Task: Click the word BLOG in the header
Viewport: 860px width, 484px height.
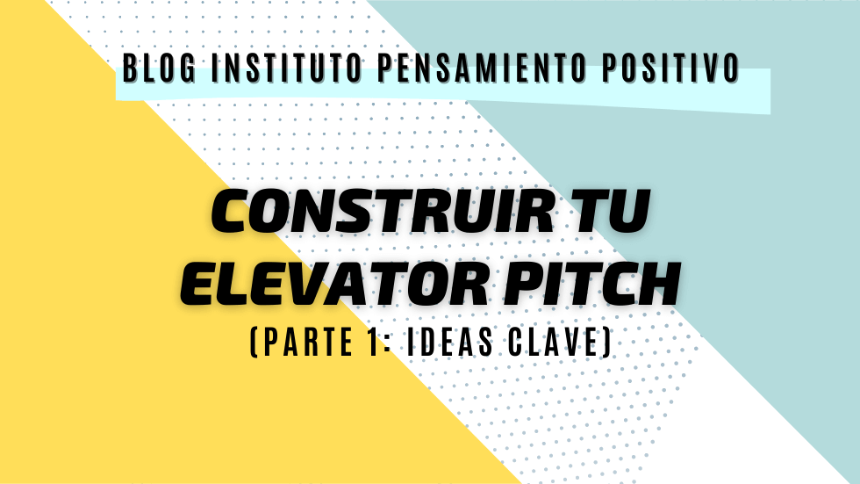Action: point(159,68)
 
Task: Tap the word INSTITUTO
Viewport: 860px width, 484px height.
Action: point(287,68)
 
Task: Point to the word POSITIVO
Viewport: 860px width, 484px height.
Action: point(670,68)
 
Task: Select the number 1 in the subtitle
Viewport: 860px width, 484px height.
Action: point(375,342)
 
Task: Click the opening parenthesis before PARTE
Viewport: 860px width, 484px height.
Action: point(254,343)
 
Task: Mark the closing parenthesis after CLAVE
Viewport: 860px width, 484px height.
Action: point(606,343)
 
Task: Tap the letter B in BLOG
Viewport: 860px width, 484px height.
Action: point(129,68)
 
